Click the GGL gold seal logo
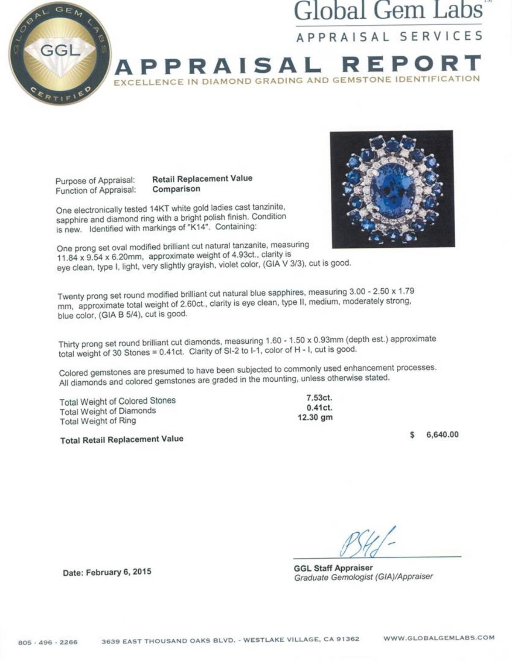tap(59, 53)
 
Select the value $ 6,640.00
tap(434, 435)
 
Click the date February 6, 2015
tap(107, 572)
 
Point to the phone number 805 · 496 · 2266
tap(48, 642)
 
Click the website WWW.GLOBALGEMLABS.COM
tap(439, 638)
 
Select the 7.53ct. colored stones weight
tap(319, 398)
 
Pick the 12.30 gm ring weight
tap(315, 418)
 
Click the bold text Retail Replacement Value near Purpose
tap(202, 178)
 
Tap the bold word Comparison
tap(176, 189)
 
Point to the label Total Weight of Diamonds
tap(108, 411)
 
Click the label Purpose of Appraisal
tap(95, 181)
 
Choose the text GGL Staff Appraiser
tap(333, 568)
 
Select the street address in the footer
tap(230, 640)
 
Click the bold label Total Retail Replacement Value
tap(122, 439)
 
